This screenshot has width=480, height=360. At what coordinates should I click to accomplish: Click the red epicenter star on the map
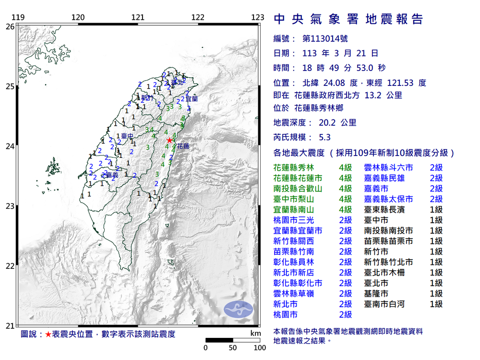(169, 140)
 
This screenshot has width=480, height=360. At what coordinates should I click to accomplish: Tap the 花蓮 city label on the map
(183, 146)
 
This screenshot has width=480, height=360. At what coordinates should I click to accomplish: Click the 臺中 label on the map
(127, 136)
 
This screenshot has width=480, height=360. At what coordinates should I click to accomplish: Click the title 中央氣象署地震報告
(348, 19)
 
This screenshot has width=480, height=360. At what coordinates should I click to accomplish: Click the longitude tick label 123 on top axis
(258, 18)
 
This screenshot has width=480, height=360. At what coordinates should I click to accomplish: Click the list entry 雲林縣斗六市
(388, 168)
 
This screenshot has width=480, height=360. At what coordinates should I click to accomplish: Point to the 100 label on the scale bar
(260, 348)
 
